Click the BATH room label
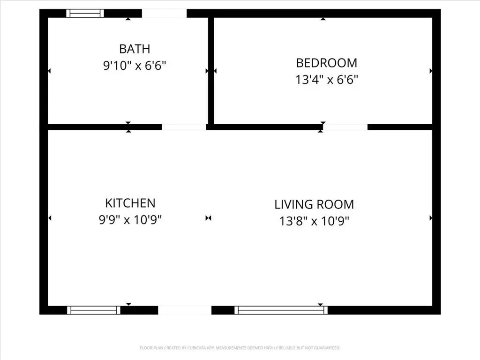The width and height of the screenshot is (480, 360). (135, 49)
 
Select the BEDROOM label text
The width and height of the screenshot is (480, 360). (327, 63)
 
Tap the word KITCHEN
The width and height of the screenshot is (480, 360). (130, 203)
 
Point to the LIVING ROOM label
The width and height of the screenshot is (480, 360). (314, 204)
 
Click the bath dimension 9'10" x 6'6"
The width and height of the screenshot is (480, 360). (135, 66)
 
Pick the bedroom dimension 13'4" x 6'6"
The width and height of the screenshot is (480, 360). (327, 80)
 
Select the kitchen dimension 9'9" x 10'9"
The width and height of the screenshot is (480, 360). (130, 220)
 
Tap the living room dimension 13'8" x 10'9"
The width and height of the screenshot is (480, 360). (314, 221)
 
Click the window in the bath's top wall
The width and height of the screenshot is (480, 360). (85, 14)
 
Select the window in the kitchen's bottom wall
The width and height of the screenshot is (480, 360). (94, 310)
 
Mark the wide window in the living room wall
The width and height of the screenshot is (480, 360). (281, 310)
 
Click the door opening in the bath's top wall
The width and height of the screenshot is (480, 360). (165, 14)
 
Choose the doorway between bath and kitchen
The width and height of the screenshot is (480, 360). (184, 127)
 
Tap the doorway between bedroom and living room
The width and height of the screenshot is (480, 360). (345, 127)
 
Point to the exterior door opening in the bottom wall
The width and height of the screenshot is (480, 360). (185, 310)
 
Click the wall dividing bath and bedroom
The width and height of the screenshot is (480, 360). (211, 71)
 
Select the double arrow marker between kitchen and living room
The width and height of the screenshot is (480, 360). (209, 218)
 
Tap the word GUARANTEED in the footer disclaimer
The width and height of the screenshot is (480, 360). (329, 348)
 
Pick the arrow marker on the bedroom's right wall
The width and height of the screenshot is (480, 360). (431, 71)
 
